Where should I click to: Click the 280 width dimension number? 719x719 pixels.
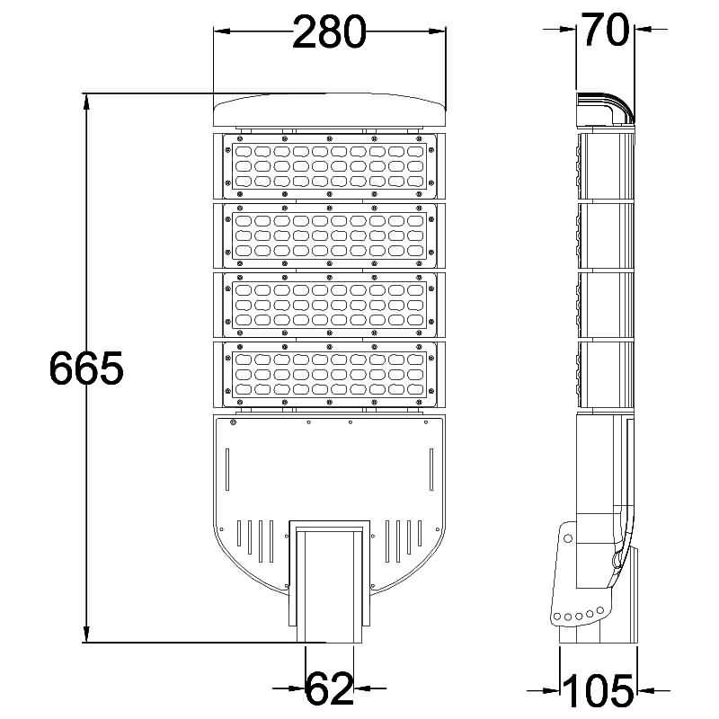329,33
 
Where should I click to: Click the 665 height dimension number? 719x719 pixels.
85,368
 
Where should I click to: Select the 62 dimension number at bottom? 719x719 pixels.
330,689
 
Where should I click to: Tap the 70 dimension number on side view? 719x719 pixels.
604,31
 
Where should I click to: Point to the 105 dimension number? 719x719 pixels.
599,690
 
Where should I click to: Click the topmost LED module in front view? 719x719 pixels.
329,166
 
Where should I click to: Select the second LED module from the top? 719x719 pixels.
329,235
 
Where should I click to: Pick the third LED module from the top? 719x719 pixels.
329,305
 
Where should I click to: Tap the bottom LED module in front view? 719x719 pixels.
329,374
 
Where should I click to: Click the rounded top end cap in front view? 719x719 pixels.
329,109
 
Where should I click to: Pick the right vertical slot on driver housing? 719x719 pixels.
431,468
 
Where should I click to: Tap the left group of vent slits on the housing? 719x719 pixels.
254,539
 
